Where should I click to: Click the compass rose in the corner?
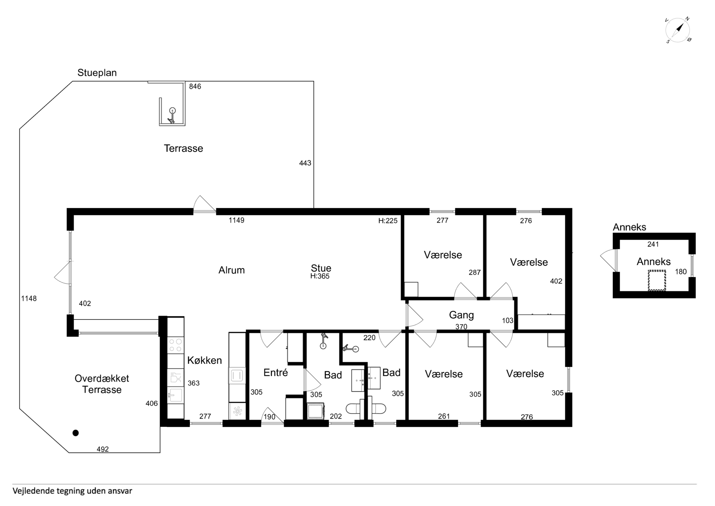pyautogui.click(x=678, y=30)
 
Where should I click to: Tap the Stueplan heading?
pyautogui.click(x=97, y=73)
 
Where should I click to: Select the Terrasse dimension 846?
pyautogui.click(x=195, y=87)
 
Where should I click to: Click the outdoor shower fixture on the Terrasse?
pyautogui.click(x=172, y=116)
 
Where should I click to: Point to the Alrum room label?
pyautogui.click(x=231, y=270)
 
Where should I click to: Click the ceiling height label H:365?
pyautogui.click(x=320, y=276)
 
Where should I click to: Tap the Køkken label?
pyautogui.click(x=205, y=360)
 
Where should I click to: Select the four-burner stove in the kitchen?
pyautogui.click(x=176, y=345)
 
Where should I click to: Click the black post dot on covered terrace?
pyautogui.click(x=75, y=433)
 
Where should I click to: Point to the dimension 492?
pyautogui.click(x=103, y=449)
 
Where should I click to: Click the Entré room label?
pyautogui.click(x=276, y=372)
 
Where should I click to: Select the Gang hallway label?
pyautogui.click(x=461, y=315)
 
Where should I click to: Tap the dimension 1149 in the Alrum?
pyautogui.click(x=236, y=220)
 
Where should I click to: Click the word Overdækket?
pyautogui.click(x=102, y=379)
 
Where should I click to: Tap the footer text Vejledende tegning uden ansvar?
pyautogui.click(x=72, y=491)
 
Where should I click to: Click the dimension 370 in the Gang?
pyautogui.click(x=461, y=327)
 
